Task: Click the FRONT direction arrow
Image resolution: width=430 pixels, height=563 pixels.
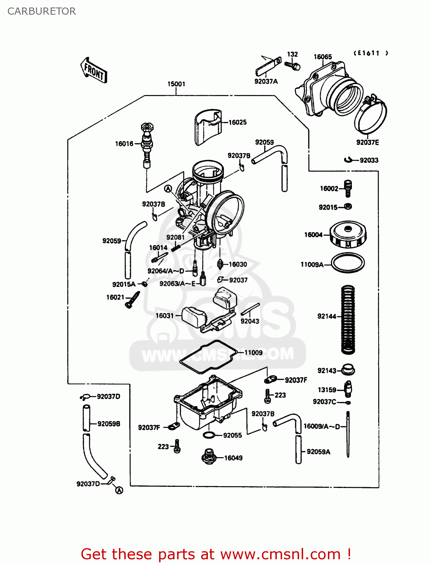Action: [94, 71]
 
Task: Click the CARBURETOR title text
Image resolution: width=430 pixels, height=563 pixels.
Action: [42, 11]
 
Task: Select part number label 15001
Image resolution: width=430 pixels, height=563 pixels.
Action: [176, 84]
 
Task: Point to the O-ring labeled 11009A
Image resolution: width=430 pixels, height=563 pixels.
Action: [348, 263]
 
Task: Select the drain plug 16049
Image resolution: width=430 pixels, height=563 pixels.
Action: [209, 456]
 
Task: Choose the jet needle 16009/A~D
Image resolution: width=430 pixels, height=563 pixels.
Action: [348, 434]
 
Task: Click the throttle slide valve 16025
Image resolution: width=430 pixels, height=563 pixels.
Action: [208, 127]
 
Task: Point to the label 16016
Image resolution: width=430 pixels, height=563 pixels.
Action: [124, 144]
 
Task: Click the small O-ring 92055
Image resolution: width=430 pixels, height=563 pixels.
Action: [209, 435]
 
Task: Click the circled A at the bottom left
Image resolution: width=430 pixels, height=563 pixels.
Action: [119, 490]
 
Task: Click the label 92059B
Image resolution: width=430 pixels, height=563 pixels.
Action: [109, 424]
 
